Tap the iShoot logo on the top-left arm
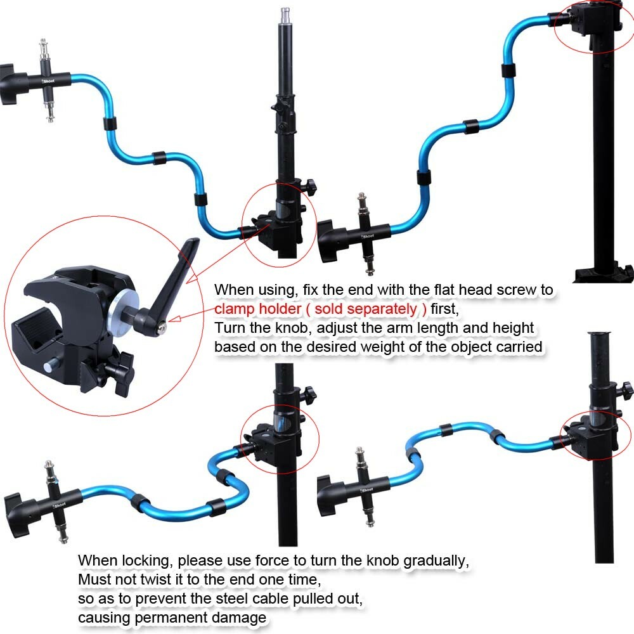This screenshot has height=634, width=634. (x=48, y=82)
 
